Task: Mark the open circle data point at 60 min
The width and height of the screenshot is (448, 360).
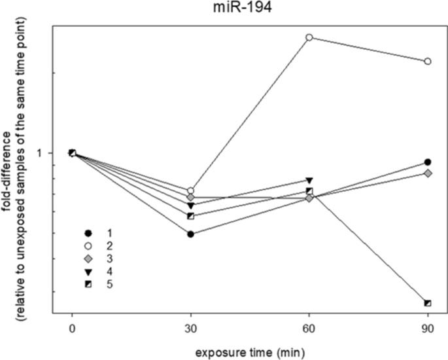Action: (x=309, y=37)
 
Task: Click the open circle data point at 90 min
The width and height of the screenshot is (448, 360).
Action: (x=428, y=62)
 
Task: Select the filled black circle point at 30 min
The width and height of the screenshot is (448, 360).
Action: (x=190, y=234)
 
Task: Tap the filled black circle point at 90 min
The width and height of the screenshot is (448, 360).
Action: (x=428, y=162)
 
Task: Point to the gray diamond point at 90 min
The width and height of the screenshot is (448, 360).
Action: (x=428, y=173)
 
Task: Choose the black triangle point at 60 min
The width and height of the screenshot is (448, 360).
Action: (x=309, y=180)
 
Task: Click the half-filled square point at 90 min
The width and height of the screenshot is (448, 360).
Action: (x=428, y=303)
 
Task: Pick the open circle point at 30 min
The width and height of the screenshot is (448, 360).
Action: (x=190, y=190)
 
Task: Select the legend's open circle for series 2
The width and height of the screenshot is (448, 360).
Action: (x=87, y=245)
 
